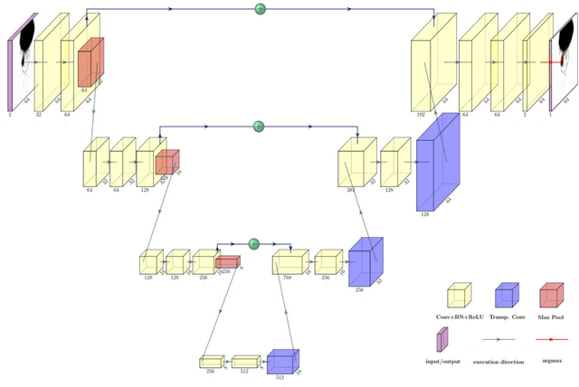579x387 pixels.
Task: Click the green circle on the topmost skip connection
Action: point(261,10)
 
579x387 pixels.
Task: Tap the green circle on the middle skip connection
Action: point(258,126)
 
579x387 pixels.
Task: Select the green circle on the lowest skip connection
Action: point(254,243)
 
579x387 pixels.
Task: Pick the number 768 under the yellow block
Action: point(287,278)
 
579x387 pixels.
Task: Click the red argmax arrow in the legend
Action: point(552,340)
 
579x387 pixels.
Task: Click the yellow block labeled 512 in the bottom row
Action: point(245,362)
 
